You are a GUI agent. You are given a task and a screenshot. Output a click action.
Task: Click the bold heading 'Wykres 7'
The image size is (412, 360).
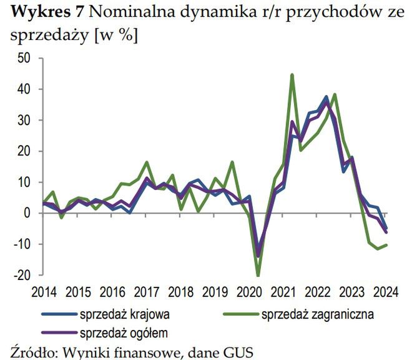point(45,13)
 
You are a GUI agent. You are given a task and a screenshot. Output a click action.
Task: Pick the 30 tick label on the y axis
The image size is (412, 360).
point(23,120)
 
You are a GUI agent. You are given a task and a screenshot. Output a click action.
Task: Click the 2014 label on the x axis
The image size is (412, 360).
point(43,291)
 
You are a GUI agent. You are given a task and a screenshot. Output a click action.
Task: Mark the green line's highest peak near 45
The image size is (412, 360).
point(292,75)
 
